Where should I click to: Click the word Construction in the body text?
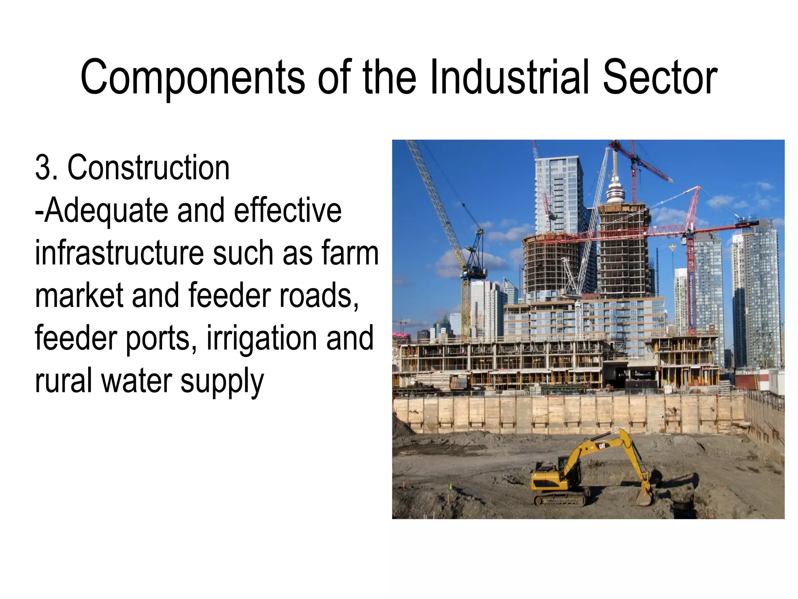tap(148, 168)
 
